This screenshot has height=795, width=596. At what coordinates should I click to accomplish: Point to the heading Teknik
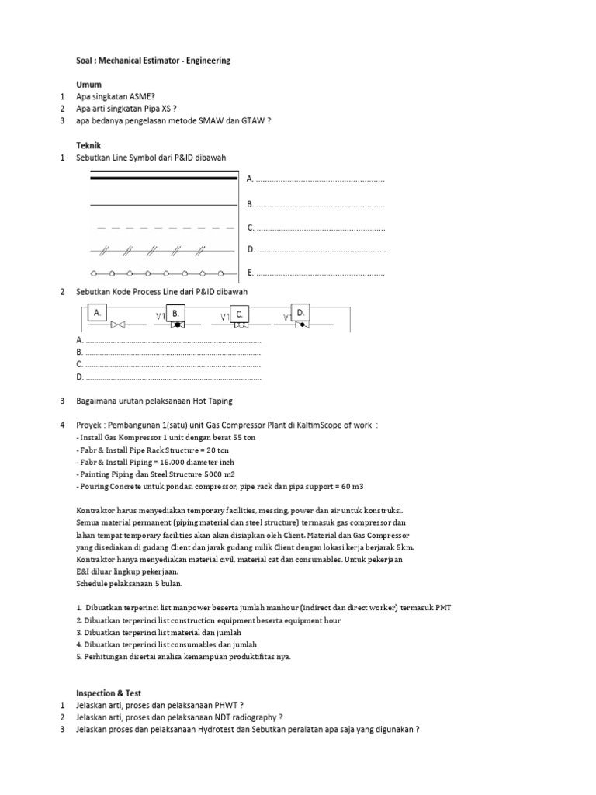tap(89, 145)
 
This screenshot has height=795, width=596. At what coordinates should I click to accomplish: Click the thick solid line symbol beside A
tap(163, 180)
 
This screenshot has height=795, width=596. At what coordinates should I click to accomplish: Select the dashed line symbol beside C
tap(163, 228)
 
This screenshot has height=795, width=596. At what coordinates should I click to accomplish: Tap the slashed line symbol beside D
tap(163, 250)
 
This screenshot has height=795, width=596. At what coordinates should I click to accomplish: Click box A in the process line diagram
tap(98, 313)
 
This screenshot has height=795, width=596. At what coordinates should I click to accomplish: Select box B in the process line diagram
tap(176, 313)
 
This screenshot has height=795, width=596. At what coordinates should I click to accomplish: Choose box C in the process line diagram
tap(241, 314)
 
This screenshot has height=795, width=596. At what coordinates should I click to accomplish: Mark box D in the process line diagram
tap(300, 312)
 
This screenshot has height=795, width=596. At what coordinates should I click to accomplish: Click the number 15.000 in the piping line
tap(179, 462)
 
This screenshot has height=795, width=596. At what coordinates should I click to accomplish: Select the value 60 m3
tap(350, 486)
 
